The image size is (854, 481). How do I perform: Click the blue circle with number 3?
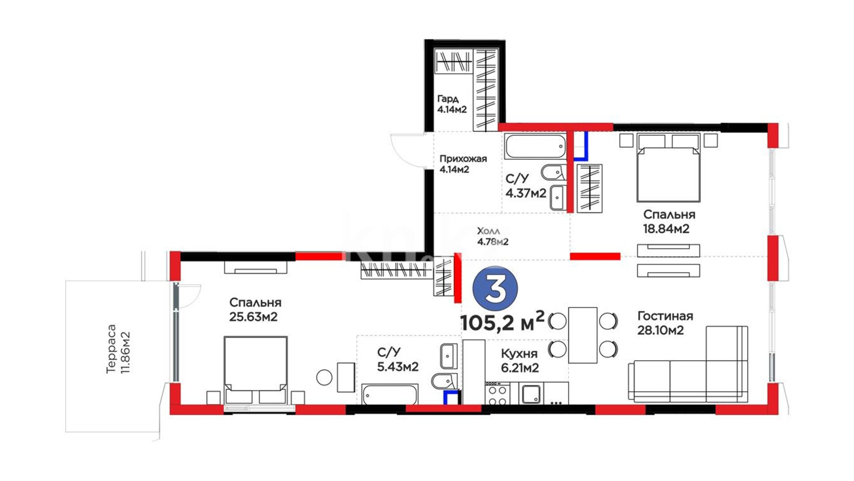click(495, 289)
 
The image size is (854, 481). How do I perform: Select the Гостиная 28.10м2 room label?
click(665, 323)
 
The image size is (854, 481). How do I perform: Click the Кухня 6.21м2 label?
click(520, 360)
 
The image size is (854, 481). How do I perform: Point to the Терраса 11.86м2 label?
click(117, 349)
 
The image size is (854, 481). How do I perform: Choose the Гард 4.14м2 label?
click(452, 104)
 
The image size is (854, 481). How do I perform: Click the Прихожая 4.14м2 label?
click(463, 163)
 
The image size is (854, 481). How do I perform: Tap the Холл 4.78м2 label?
click(492, 236)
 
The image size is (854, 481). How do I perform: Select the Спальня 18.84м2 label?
click(669, 221)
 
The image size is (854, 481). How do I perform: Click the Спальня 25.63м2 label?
click(255, 310)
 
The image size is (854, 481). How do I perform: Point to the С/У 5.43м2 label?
click(398, 359)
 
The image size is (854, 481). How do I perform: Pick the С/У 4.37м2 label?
click(526, 186)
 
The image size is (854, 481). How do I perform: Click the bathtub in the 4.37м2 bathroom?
click(535, 146)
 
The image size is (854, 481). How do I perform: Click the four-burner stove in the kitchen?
click(498, 394)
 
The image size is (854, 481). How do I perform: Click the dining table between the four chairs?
click(583, 335)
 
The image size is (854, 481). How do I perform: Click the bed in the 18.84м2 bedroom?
click(669, 167)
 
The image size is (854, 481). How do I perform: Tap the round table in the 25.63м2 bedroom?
click(324, 378)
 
